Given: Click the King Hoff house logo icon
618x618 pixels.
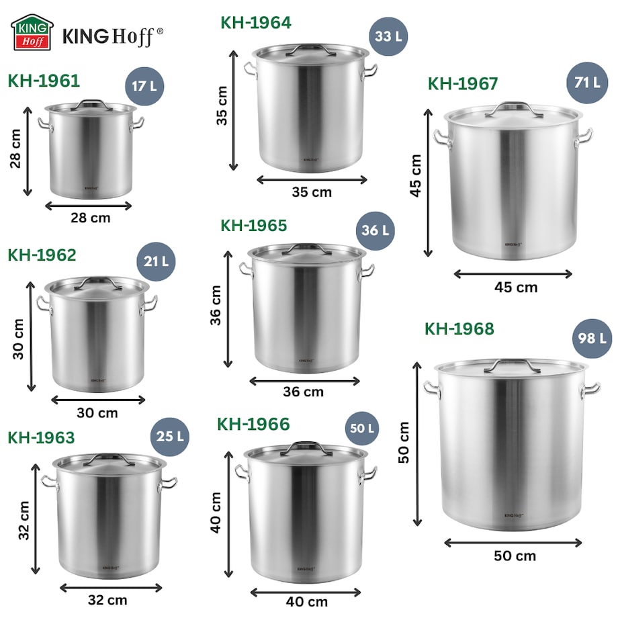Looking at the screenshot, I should (32, 32).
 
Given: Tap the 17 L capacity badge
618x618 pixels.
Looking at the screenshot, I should (144, 87).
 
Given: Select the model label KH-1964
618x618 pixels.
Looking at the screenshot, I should (256, 23).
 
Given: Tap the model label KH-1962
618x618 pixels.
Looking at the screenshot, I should (42, 255).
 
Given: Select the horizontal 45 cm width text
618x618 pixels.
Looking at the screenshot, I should (516, 288).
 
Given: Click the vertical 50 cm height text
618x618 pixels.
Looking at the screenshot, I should (404, 443).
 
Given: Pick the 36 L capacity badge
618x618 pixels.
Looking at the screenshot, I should (376, 230).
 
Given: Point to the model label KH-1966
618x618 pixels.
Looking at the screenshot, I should (253, 425).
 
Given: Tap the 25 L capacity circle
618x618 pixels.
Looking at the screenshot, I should (169, 436).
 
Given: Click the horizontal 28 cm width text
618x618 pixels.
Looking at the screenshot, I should (91, 218).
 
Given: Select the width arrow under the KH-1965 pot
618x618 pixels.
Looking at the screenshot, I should (305, 381).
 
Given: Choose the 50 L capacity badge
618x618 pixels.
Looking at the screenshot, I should (362, 428).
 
